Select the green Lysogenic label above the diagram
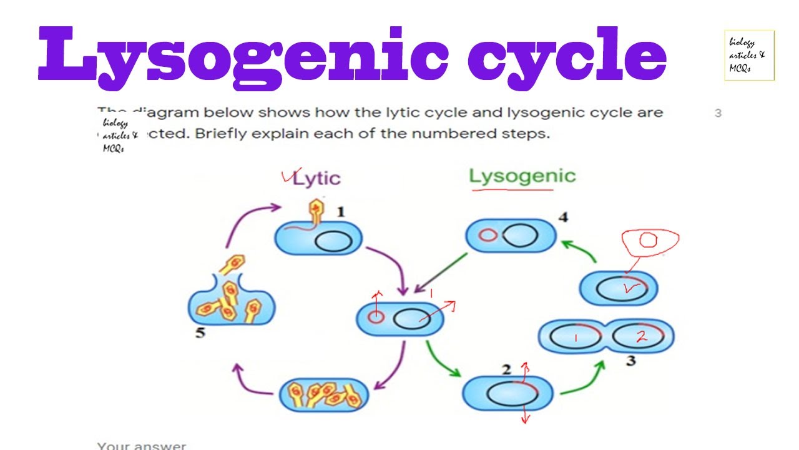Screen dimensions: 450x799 [522, 176]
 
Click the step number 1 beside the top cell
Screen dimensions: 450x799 [341, 212]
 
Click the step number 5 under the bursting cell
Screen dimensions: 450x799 [200, 332]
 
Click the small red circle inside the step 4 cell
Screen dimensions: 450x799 [488, 236]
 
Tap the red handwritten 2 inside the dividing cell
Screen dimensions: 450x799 [640, 337]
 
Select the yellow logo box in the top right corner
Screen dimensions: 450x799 [749, 55]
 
